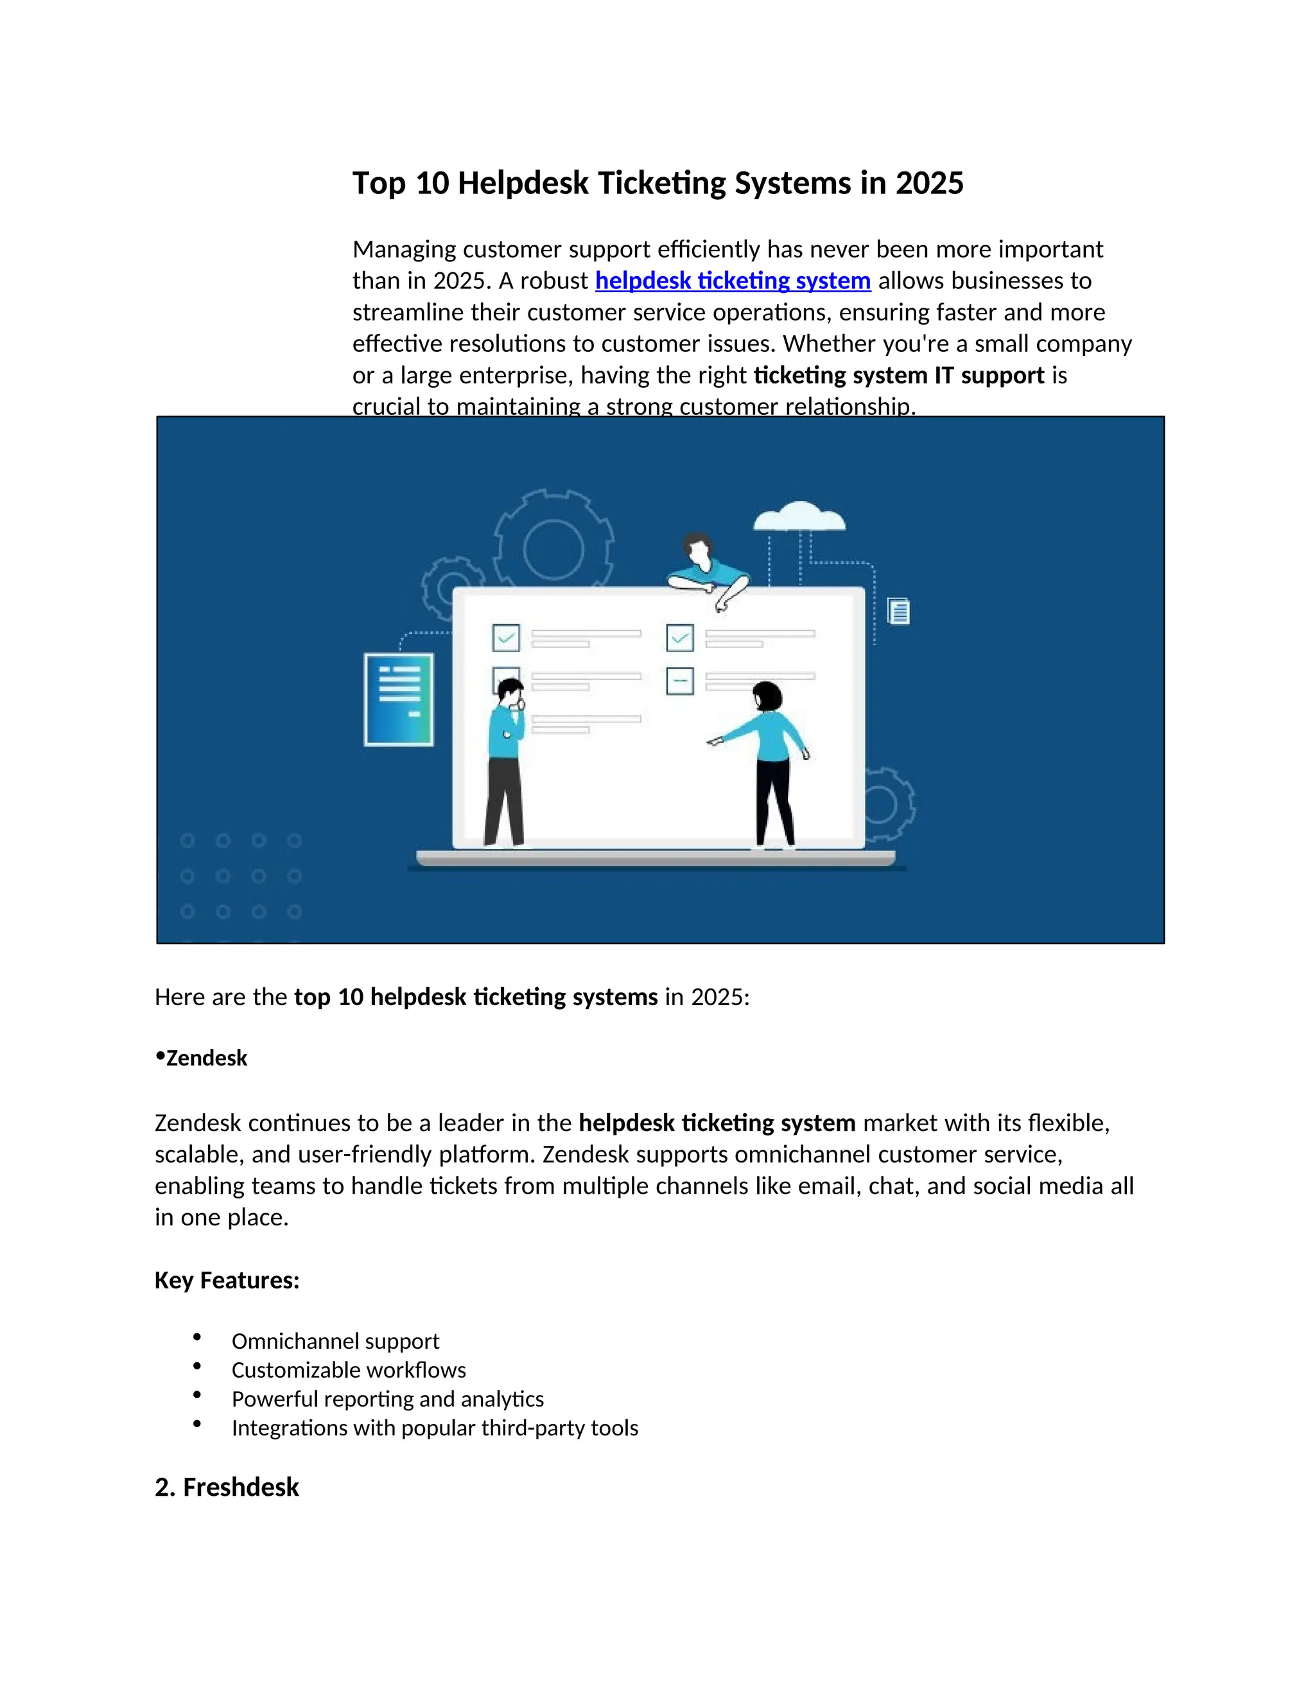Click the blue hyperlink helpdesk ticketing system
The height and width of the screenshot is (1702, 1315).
click(x=732, y=281)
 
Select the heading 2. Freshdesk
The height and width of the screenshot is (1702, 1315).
click(x=227, y=1487)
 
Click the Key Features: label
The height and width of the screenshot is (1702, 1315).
click(x=227, y=1281)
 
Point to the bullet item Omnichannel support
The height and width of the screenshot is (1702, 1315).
click(x=335, y=1341)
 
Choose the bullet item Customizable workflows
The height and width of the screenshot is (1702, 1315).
click(x=348, y=1370)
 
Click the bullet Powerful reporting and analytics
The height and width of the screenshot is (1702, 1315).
click(x=387, y=1399)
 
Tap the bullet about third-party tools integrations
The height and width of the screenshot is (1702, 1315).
click(x=435, y=1428)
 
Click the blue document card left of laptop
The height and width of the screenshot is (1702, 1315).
click(x=399, y=699)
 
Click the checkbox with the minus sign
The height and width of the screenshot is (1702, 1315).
click(x=680, y=681)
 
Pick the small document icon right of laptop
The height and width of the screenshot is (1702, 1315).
click(x=898, y=611)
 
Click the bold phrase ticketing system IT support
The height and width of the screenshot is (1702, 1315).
click(x=898, y=376)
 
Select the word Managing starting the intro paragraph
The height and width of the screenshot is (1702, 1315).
click(x=403, y=249)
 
